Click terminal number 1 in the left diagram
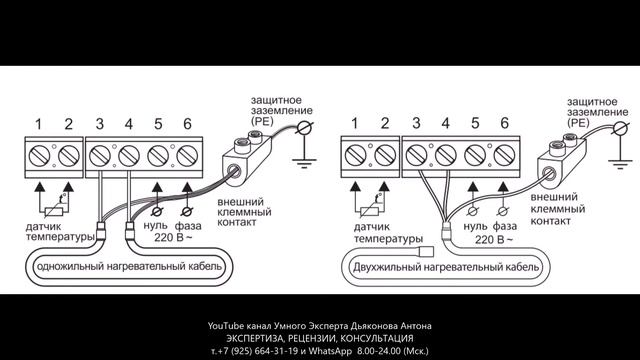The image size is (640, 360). click(38, 124)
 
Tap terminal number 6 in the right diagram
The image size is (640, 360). click(504, 124)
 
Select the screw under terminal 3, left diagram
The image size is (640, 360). click(103, 157)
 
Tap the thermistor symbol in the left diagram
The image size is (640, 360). click(56, 210)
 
